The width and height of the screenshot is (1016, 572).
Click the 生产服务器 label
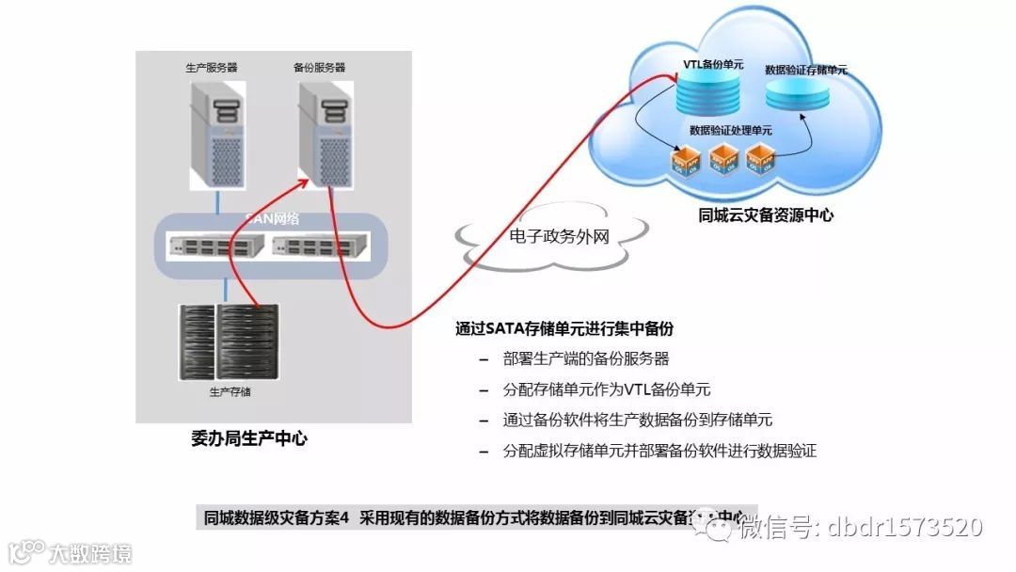(211, 68)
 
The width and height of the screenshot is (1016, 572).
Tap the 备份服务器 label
(320, 68)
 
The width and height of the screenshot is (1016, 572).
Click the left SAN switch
(214, 247)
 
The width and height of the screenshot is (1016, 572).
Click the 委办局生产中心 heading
(248, 438)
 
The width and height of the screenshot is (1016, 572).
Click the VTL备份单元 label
(713, 65)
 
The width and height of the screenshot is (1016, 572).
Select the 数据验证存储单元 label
(806, 70)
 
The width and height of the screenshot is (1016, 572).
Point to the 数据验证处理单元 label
(730, 131)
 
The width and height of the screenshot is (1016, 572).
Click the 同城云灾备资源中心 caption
(766, 214)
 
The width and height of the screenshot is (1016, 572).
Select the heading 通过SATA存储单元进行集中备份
(564, 329)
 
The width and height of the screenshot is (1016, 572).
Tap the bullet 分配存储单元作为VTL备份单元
(607, 389)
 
